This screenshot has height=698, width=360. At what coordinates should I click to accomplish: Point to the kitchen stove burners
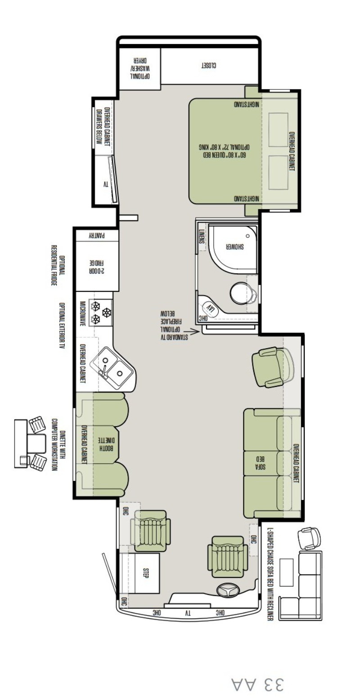pyautogui.click(x=100, y=312)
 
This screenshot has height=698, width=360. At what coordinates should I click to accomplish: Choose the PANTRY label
pyautogui.click(x=97, y=236)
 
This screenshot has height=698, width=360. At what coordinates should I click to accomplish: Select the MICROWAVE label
pyautogui.click(x=83, y=313)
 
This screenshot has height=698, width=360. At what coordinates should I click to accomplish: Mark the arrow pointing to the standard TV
pyautogui.click(x=191, y=332)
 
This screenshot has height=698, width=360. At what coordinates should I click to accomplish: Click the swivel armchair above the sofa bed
pyautogui.click(x=272, y=367)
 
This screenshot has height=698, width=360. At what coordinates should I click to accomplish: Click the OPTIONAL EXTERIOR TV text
pyautogui.click(x=63, y=325)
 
